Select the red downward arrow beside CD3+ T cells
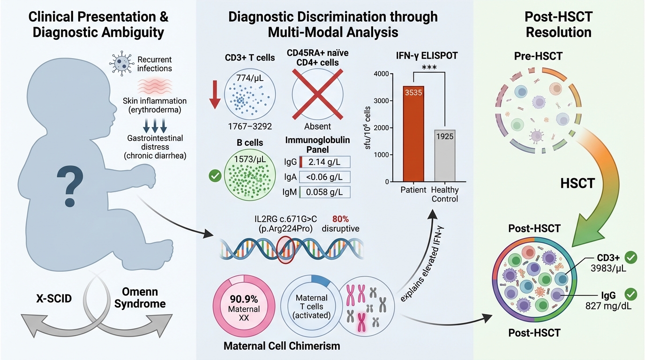(215, 93)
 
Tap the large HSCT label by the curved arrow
(577, 183)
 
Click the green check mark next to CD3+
(631, 257)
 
